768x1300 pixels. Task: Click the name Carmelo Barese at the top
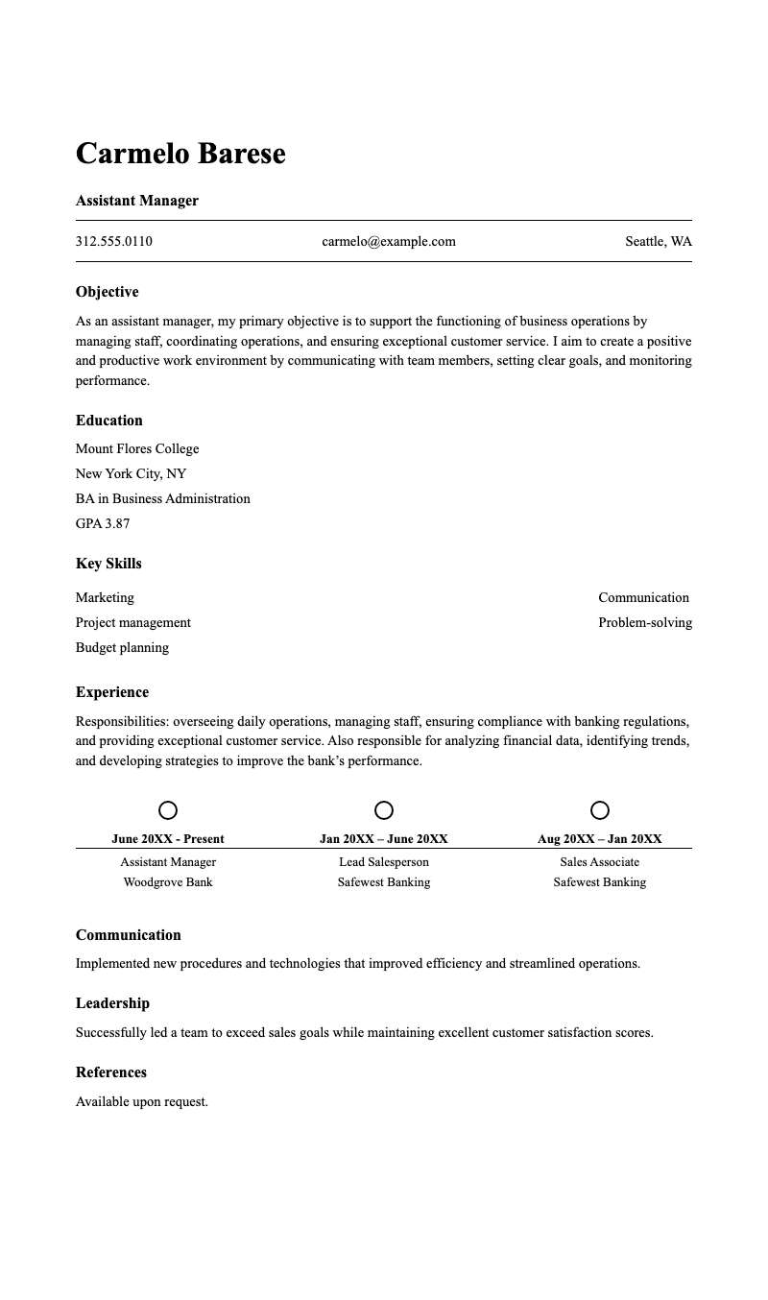tap(180, 154)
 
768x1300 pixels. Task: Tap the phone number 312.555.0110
tap(113, 241)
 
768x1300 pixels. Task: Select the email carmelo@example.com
tap(389, 241)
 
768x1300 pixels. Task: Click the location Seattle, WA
tap(658, 241)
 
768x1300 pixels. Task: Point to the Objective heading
tap(107, 292)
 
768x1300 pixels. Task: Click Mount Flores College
tap(137, 448)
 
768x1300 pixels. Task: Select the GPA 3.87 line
tap(103, 523)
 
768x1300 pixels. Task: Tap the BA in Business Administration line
tap(162, 498)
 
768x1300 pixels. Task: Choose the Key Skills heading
tap(108, 564)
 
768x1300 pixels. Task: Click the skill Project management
tap(132, 622)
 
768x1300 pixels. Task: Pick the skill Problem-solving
tap(644, 622)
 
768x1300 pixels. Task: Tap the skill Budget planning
tap(122, 647)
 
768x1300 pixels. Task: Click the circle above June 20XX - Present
tap(168, 810)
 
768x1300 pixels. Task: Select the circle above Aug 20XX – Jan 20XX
tap(600, 810)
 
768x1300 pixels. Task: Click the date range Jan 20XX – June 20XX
tap(384, 838)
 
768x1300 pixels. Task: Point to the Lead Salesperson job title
tap(384, 862)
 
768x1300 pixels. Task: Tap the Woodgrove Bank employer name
tap(168, 882)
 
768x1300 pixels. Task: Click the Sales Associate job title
tap(600, 862)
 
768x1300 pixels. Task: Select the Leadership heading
tap(112, 1003)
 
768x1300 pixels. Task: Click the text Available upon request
tap(142, 1101)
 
